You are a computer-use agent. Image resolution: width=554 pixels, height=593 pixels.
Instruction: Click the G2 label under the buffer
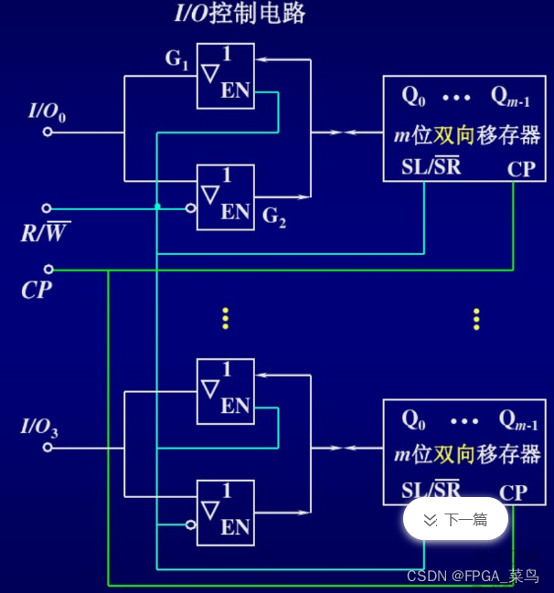point(274,217)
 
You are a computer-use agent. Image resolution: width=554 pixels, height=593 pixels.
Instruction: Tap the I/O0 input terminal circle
point(48,132)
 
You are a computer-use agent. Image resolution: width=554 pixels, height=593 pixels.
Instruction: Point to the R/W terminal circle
point(48,208)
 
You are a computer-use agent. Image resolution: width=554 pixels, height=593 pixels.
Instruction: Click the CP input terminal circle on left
point(48,270)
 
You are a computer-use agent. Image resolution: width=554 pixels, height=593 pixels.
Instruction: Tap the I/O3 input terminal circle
point(48,449)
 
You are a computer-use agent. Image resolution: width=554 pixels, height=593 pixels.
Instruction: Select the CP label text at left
point(36,291)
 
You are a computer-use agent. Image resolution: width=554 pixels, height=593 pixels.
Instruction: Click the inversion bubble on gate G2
point(191,208)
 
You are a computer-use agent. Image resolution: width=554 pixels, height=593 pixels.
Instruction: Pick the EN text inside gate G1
point(235,92)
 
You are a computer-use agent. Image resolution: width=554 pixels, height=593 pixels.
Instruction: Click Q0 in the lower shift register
point(414,419)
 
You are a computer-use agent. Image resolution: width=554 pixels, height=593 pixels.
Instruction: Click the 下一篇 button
point(455,520)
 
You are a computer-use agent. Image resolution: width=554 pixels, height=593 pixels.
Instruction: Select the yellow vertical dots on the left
point(225,318)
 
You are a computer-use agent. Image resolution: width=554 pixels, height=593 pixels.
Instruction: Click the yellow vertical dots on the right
point(476,318)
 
